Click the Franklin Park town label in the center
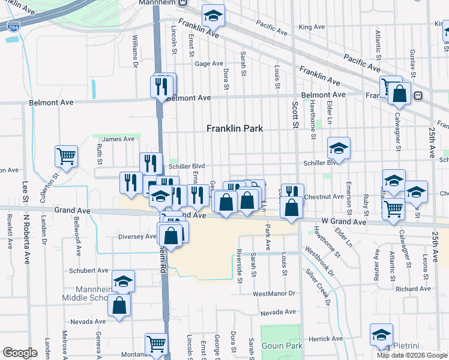[x=235, y=128]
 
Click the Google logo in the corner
[x=19, y=353]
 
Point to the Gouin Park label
[x=281, y=346]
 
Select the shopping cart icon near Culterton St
[x=66, y=157]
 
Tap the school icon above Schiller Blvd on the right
[x=339, y=148]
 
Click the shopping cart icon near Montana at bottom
[x=156, y=344]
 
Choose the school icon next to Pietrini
[x=381, y=334]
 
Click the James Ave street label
[x=118, y=139]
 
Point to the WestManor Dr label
[x=274, y=294]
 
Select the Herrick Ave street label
[x=325, y=339]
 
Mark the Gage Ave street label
[x=209, y=64]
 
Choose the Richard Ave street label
[x=413, y=289]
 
